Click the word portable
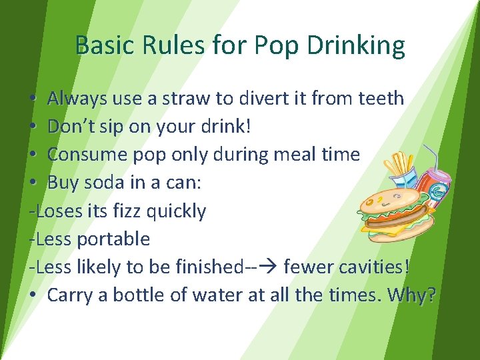point(113,239)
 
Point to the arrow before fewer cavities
point(269,267)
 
